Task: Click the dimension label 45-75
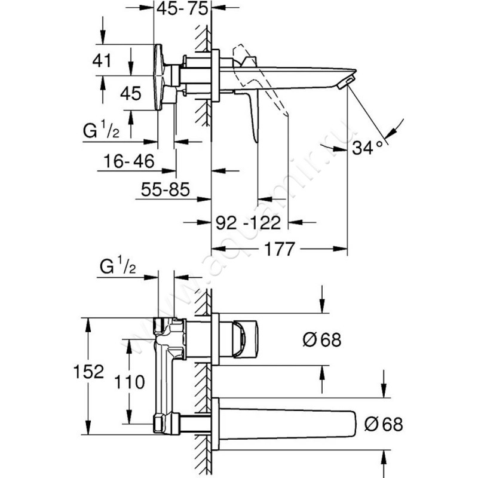(182, 9)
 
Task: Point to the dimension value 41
(102, 61)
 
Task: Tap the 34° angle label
(367, 148)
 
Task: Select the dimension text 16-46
(129, 161)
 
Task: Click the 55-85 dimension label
(166, 189)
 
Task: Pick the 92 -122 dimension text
(248, 222)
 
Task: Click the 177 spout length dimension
(280, 249)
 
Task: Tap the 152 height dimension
(88, 372)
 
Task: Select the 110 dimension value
(130, 382)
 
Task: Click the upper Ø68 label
(322, 339)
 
